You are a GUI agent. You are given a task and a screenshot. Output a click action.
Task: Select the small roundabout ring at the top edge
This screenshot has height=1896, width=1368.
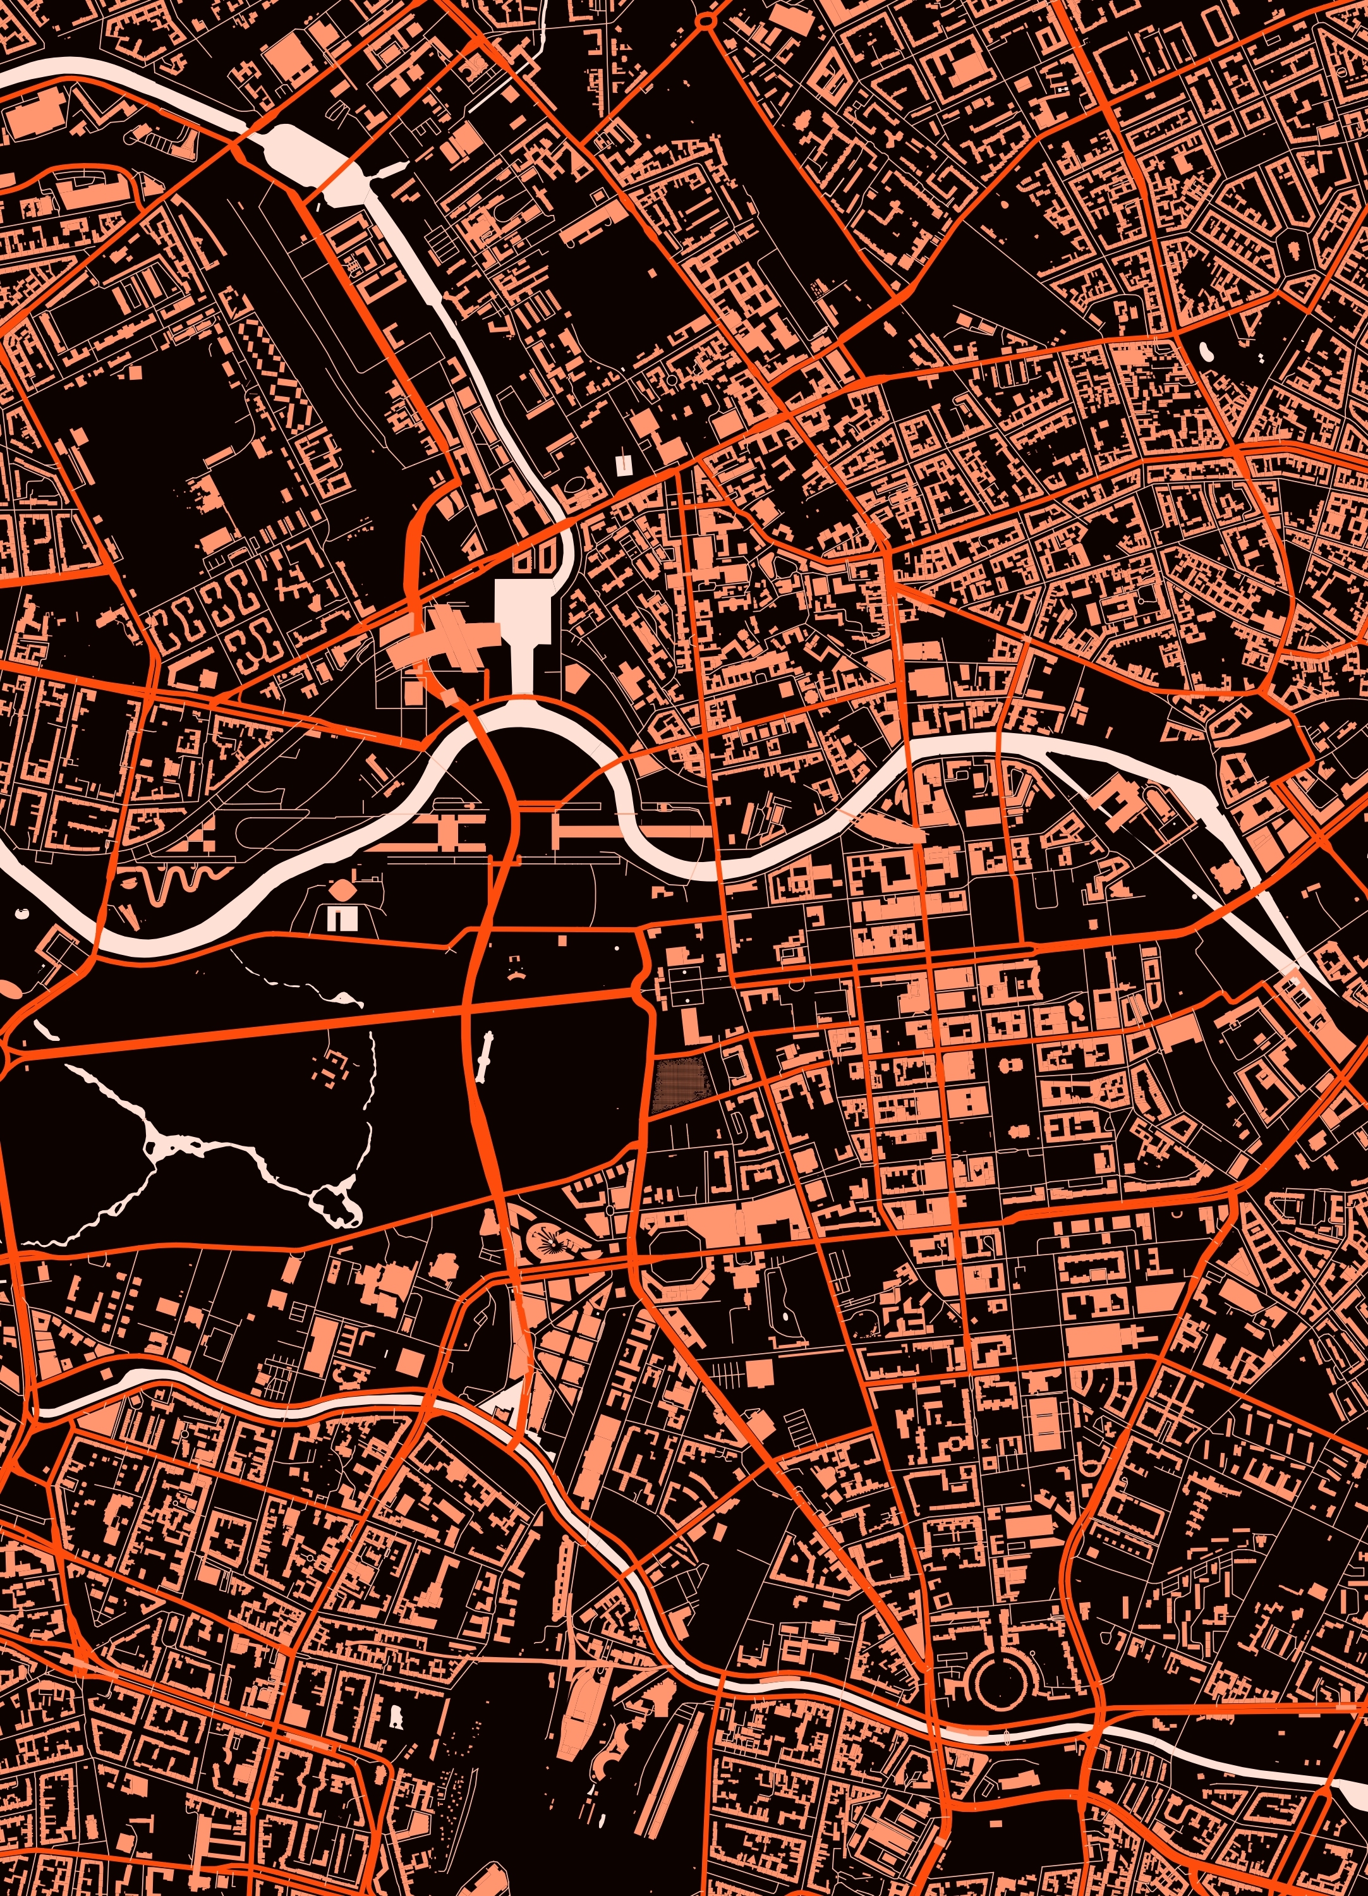point(708,18)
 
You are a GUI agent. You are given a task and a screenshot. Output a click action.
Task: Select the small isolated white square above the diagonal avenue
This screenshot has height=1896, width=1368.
point(622,463)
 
